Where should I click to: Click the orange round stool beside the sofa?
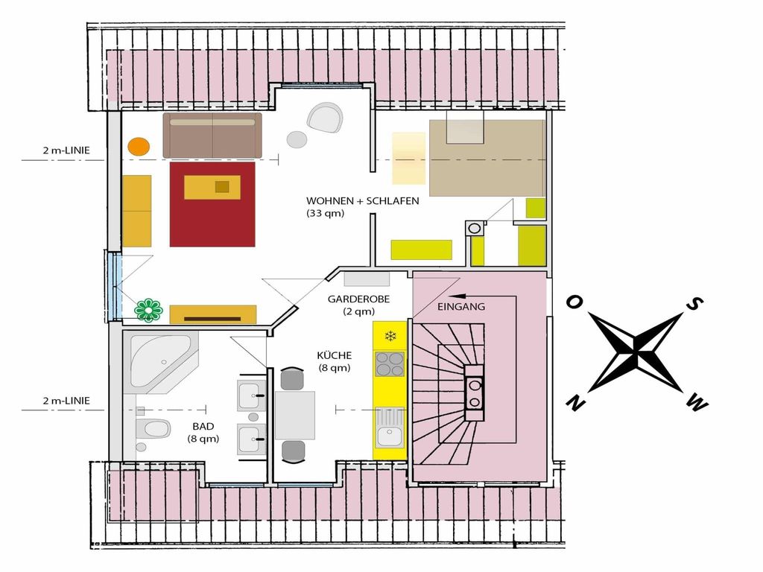(139, 146)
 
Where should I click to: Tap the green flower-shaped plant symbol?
(148, 310)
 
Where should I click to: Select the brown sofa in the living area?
(212, 136)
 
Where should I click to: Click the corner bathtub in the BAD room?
(161, 361)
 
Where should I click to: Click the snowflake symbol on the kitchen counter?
(390, 336)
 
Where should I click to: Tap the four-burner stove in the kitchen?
(390, 364)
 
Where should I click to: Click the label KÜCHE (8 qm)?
(335, 361)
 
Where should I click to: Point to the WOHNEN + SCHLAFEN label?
(363, 201)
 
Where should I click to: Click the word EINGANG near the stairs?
(461, 306)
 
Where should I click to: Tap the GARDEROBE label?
(358, 299)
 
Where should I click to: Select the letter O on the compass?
(574, 302)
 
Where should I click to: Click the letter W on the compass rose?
(697, 403)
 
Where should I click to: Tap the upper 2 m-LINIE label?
(66, 150)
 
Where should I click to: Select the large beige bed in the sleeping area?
(487, 158)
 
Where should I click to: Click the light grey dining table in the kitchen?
(295, 415)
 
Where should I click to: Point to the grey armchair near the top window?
(325, 117)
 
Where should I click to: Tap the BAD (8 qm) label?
(203, 433)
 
